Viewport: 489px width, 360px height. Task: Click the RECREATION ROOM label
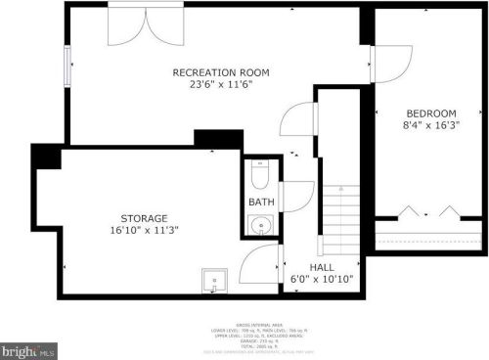pyautogui.click(x=221, y=72)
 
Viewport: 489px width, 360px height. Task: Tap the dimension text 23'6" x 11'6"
pyautogui.click(x=221, y=85)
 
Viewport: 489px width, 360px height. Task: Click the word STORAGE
pyautogui.click(x=144, y=217)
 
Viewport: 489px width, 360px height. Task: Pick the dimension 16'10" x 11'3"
pyautogui.click(x=144, y=230)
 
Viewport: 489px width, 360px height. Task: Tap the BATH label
pyautogui.click(x=261, y=202)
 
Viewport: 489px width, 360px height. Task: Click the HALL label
pyautogui.click(x=324, y=266)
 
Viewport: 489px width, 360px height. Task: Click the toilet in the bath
pyautogui.click(x=259, y=175)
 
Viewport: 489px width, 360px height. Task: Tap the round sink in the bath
pyautogui.click(x=261, y=226)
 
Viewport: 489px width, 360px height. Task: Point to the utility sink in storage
pyautogui.click(x=213, y=281)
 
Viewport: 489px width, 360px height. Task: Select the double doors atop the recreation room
pyautogui.click(x=145, y=22)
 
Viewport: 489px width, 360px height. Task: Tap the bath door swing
pyautogui.click(x=296, y=197)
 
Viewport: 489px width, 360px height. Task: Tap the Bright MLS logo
pyautogui.click(x=26, y=348)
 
